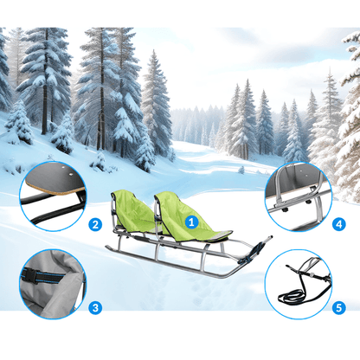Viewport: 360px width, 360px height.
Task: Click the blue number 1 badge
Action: pyautogui.click(x=191, y=222)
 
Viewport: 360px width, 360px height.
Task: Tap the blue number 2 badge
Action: pyautogui.click(x=95, y=224)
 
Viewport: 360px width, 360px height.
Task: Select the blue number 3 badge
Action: pyautogui.click(x=95, y=308)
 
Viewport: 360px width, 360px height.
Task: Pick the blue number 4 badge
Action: pyautogui.click(x=338, y=224)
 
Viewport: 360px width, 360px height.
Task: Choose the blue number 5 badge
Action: pyautogui.click(x=338, y=308)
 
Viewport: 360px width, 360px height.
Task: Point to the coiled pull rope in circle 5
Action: pyautogui.click(x=292, y=297)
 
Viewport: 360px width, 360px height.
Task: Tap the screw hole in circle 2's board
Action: pyautogui.click(x=70, y=174)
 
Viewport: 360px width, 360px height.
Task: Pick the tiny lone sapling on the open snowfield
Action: pyautogui.click(x=241, y=170)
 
